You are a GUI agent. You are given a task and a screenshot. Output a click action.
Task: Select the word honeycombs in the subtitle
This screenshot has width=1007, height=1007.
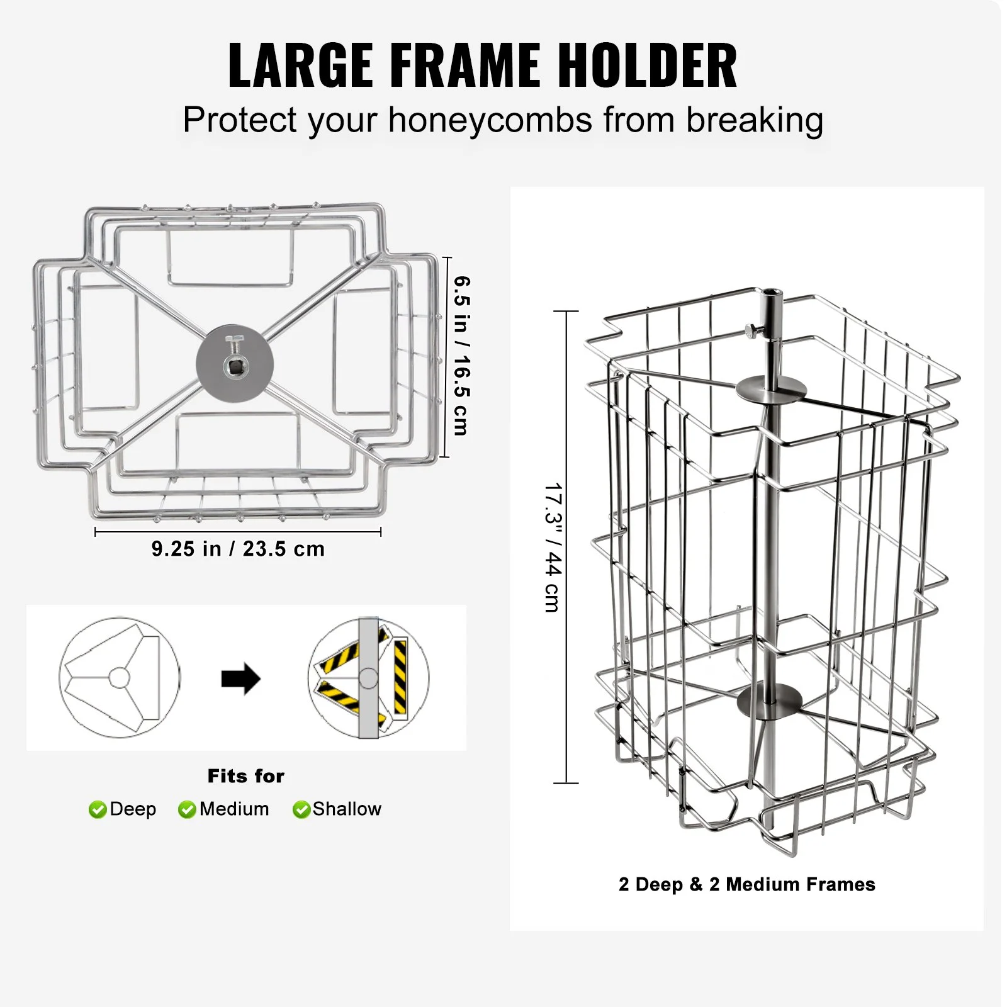point(490,120)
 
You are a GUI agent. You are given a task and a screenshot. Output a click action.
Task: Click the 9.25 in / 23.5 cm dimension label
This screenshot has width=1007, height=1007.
point(238,549)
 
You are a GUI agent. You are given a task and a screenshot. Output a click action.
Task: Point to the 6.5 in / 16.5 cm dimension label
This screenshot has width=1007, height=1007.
point(461,356)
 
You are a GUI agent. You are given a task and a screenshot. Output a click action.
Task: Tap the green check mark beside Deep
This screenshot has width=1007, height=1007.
point(98,809)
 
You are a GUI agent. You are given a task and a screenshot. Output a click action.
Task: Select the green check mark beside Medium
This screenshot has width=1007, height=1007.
point(187,809)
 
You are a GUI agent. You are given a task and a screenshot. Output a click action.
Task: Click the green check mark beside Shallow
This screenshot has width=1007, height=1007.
point(301,809)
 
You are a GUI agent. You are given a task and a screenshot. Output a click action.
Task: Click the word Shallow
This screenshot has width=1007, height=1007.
point(347,809)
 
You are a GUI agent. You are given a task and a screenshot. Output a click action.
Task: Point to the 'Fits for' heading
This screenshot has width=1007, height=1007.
point(246,776)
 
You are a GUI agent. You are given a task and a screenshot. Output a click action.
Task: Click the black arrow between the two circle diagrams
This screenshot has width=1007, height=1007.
point(241,679)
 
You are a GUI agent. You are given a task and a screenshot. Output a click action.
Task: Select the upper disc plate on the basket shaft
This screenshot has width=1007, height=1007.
point(772,386)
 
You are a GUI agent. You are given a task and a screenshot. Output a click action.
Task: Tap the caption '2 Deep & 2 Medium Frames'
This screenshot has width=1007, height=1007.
point(747,884)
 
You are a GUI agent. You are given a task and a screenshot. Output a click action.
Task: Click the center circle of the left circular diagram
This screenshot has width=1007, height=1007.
point(120,678)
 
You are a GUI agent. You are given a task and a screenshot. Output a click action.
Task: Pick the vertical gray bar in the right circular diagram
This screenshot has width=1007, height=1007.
point(369,678)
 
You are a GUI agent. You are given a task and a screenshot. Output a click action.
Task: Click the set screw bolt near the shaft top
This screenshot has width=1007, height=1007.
point(754,329)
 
